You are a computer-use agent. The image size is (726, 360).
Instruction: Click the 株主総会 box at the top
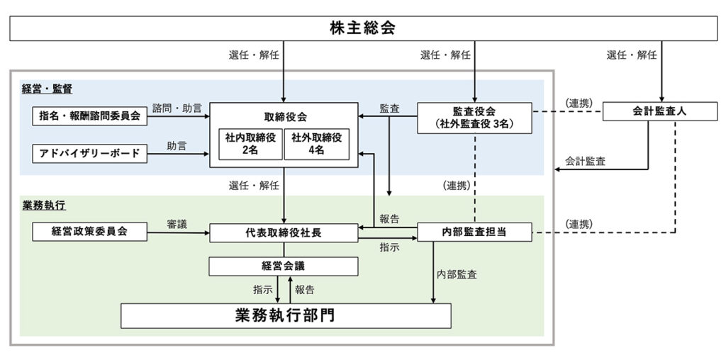[362, 28]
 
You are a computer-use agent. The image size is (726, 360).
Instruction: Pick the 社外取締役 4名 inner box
[316, 144]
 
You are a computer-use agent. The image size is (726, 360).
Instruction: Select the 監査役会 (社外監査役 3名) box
[474, 117]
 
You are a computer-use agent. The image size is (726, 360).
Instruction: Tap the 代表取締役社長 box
[284, 231]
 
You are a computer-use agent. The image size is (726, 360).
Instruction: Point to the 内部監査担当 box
[474, 231]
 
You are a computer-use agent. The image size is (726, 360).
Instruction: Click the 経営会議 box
[284, 266]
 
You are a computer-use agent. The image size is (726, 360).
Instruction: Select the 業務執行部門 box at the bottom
[285, 315]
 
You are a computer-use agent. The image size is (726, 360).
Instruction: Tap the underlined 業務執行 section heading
[43, 206]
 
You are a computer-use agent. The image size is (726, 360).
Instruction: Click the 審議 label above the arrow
[177, 223]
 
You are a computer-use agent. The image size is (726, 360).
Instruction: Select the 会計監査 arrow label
[585, 161]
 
